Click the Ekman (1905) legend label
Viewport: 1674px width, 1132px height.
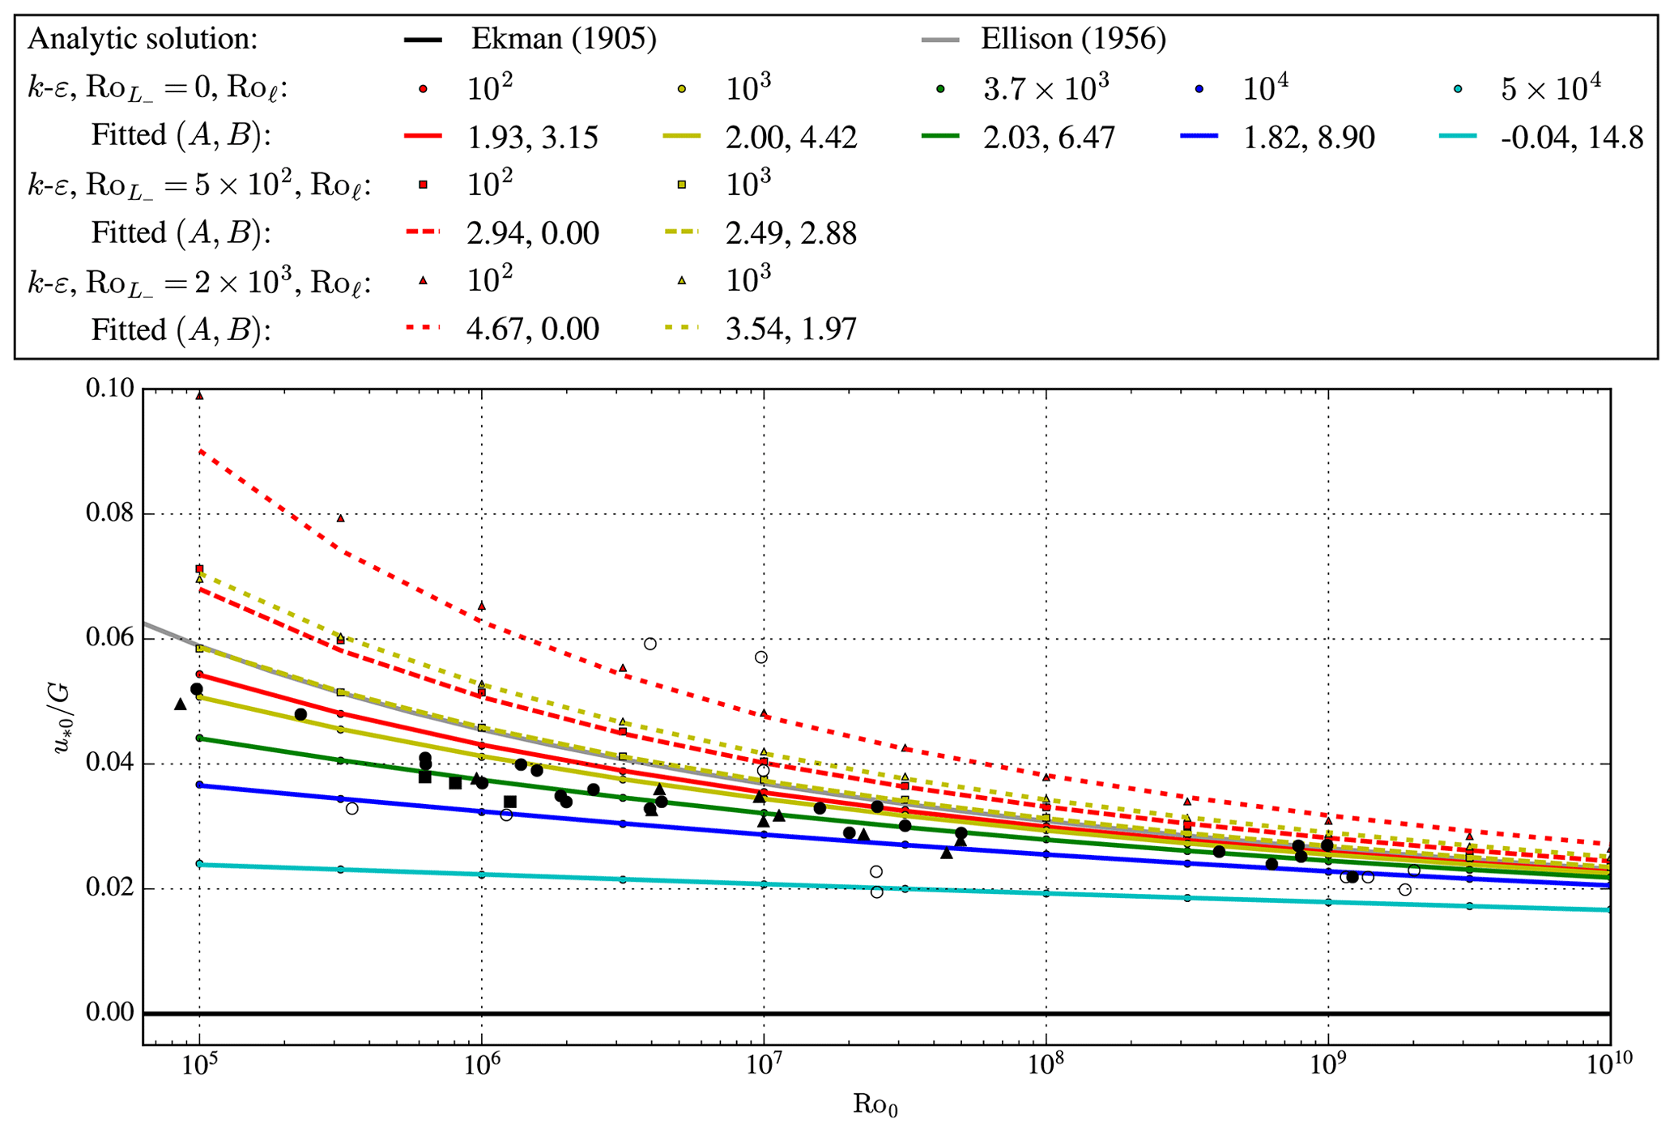tap(564, 39)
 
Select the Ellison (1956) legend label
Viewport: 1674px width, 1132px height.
tap(1073, 39)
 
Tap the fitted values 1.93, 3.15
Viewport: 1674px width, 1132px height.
tap(532, 138)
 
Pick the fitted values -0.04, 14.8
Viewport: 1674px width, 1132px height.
tap(1572, 138)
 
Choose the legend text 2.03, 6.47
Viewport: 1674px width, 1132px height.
tap(1049, 138)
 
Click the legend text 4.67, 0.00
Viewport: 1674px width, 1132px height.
tap(532, 330)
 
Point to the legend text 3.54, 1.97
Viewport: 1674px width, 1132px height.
tap(790, 330)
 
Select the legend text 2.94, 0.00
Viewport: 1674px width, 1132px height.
tap(532, 234)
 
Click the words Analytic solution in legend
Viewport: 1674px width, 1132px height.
tap(143, 39)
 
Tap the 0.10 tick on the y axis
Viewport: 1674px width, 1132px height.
tap(110, 389)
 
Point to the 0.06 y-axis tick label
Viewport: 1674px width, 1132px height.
tap(110, 639)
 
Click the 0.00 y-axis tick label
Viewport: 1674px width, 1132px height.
tap(110, 1013)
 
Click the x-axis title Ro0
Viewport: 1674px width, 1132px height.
tap(875, 1104)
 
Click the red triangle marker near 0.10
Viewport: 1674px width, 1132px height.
tap(199, 396)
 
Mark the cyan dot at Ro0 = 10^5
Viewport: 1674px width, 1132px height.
tap(199, 864)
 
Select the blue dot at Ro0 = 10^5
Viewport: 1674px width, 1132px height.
tap(199, 785)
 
